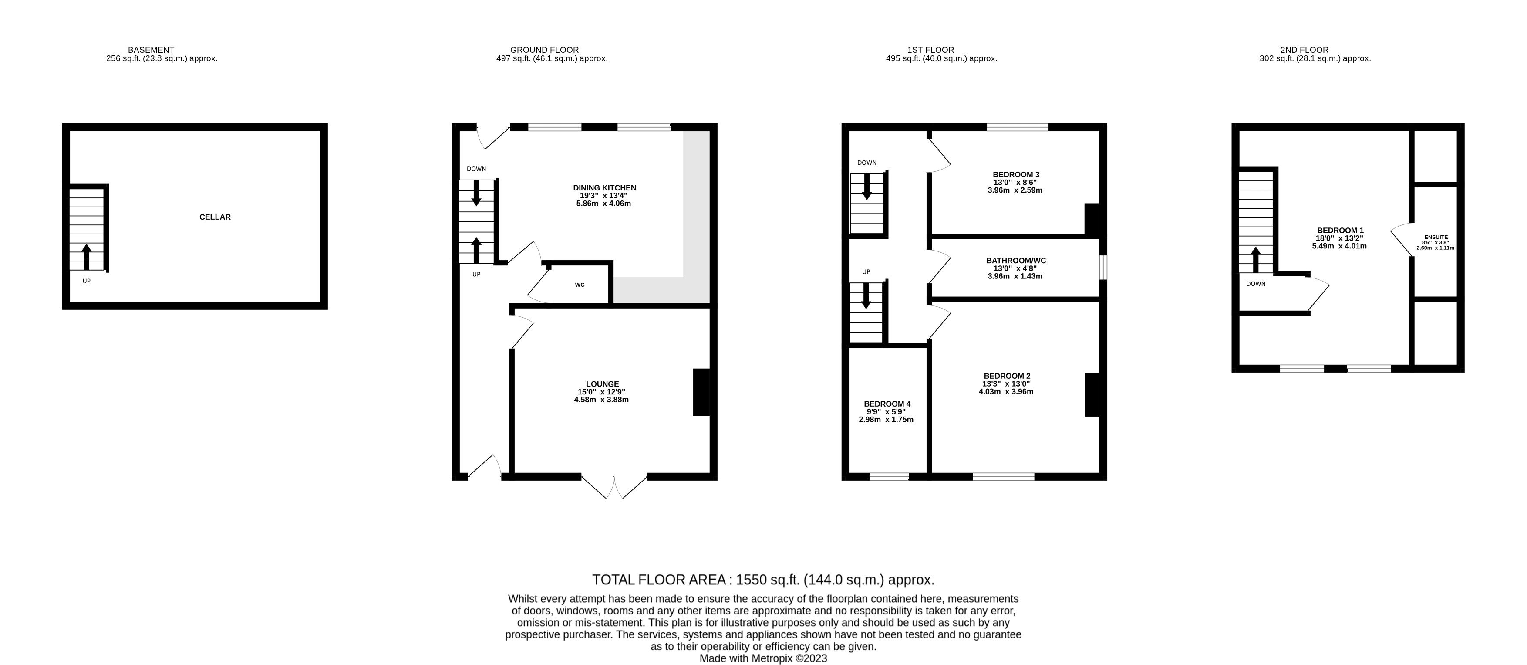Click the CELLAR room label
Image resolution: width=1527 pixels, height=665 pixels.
pos(215,217)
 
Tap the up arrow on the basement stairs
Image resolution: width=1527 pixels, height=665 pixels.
pos(87,256)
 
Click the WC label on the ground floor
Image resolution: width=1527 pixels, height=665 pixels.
pos(579,285)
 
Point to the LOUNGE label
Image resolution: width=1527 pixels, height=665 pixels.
pos(602,384)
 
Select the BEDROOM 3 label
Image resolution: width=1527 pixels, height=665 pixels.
pos(1015,174)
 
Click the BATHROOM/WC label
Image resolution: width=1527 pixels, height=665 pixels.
pos(1015,261)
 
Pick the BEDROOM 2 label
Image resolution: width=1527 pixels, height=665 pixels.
pos(1007,376)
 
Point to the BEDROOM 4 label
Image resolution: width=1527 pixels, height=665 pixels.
pos(887,404)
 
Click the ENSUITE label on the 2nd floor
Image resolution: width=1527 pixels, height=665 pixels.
pos(1435,237)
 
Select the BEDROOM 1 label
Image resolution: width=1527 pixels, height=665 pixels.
pos(1340,230)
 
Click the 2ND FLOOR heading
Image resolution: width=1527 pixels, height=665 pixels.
pos(1304,50)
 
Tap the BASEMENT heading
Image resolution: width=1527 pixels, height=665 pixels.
pos(151,50)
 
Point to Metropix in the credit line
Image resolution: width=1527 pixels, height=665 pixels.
pos(772,658)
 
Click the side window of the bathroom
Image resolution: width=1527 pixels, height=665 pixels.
pos(1102,267)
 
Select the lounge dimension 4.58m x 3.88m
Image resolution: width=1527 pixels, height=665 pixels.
pos(601,400)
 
